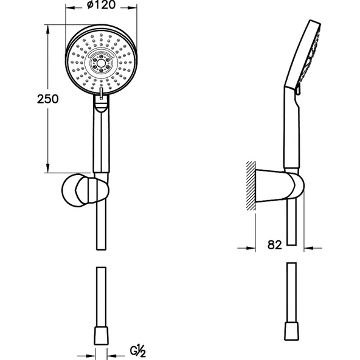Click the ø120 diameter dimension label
pos(101,5)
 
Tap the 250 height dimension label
pos(48,99)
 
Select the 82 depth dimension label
pos(274,245)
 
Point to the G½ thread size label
pos(138,351)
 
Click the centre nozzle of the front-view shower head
pos(101,63)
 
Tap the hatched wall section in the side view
pos(251,185)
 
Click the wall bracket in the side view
pos(280,186)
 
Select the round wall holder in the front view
pos(85,190)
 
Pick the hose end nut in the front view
pos(101,336)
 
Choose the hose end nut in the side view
pos(291,331)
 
